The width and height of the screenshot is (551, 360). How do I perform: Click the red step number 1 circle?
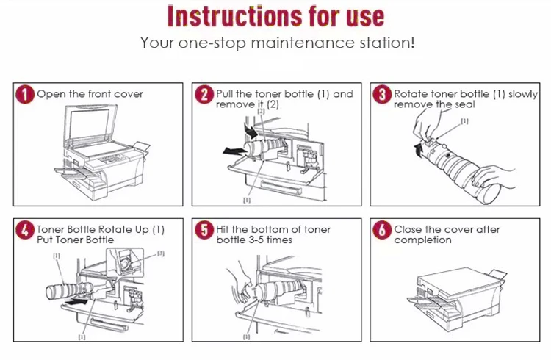26,95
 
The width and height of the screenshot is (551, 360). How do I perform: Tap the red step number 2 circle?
204,95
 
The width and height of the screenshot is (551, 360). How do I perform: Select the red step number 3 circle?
381,95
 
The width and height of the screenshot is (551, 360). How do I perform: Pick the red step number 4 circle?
26,230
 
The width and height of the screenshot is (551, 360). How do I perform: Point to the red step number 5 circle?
204,230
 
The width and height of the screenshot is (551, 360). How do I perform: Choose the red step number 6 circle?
381,230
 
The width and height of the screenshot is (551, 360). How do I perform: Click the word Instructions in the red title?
231,16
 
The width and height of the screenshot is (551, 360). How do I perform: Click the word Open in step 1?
49,94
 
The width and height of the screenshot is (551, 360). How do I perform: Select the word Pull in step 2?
226,94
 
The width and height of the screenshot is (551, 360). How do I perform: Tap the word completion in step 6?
422,240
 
